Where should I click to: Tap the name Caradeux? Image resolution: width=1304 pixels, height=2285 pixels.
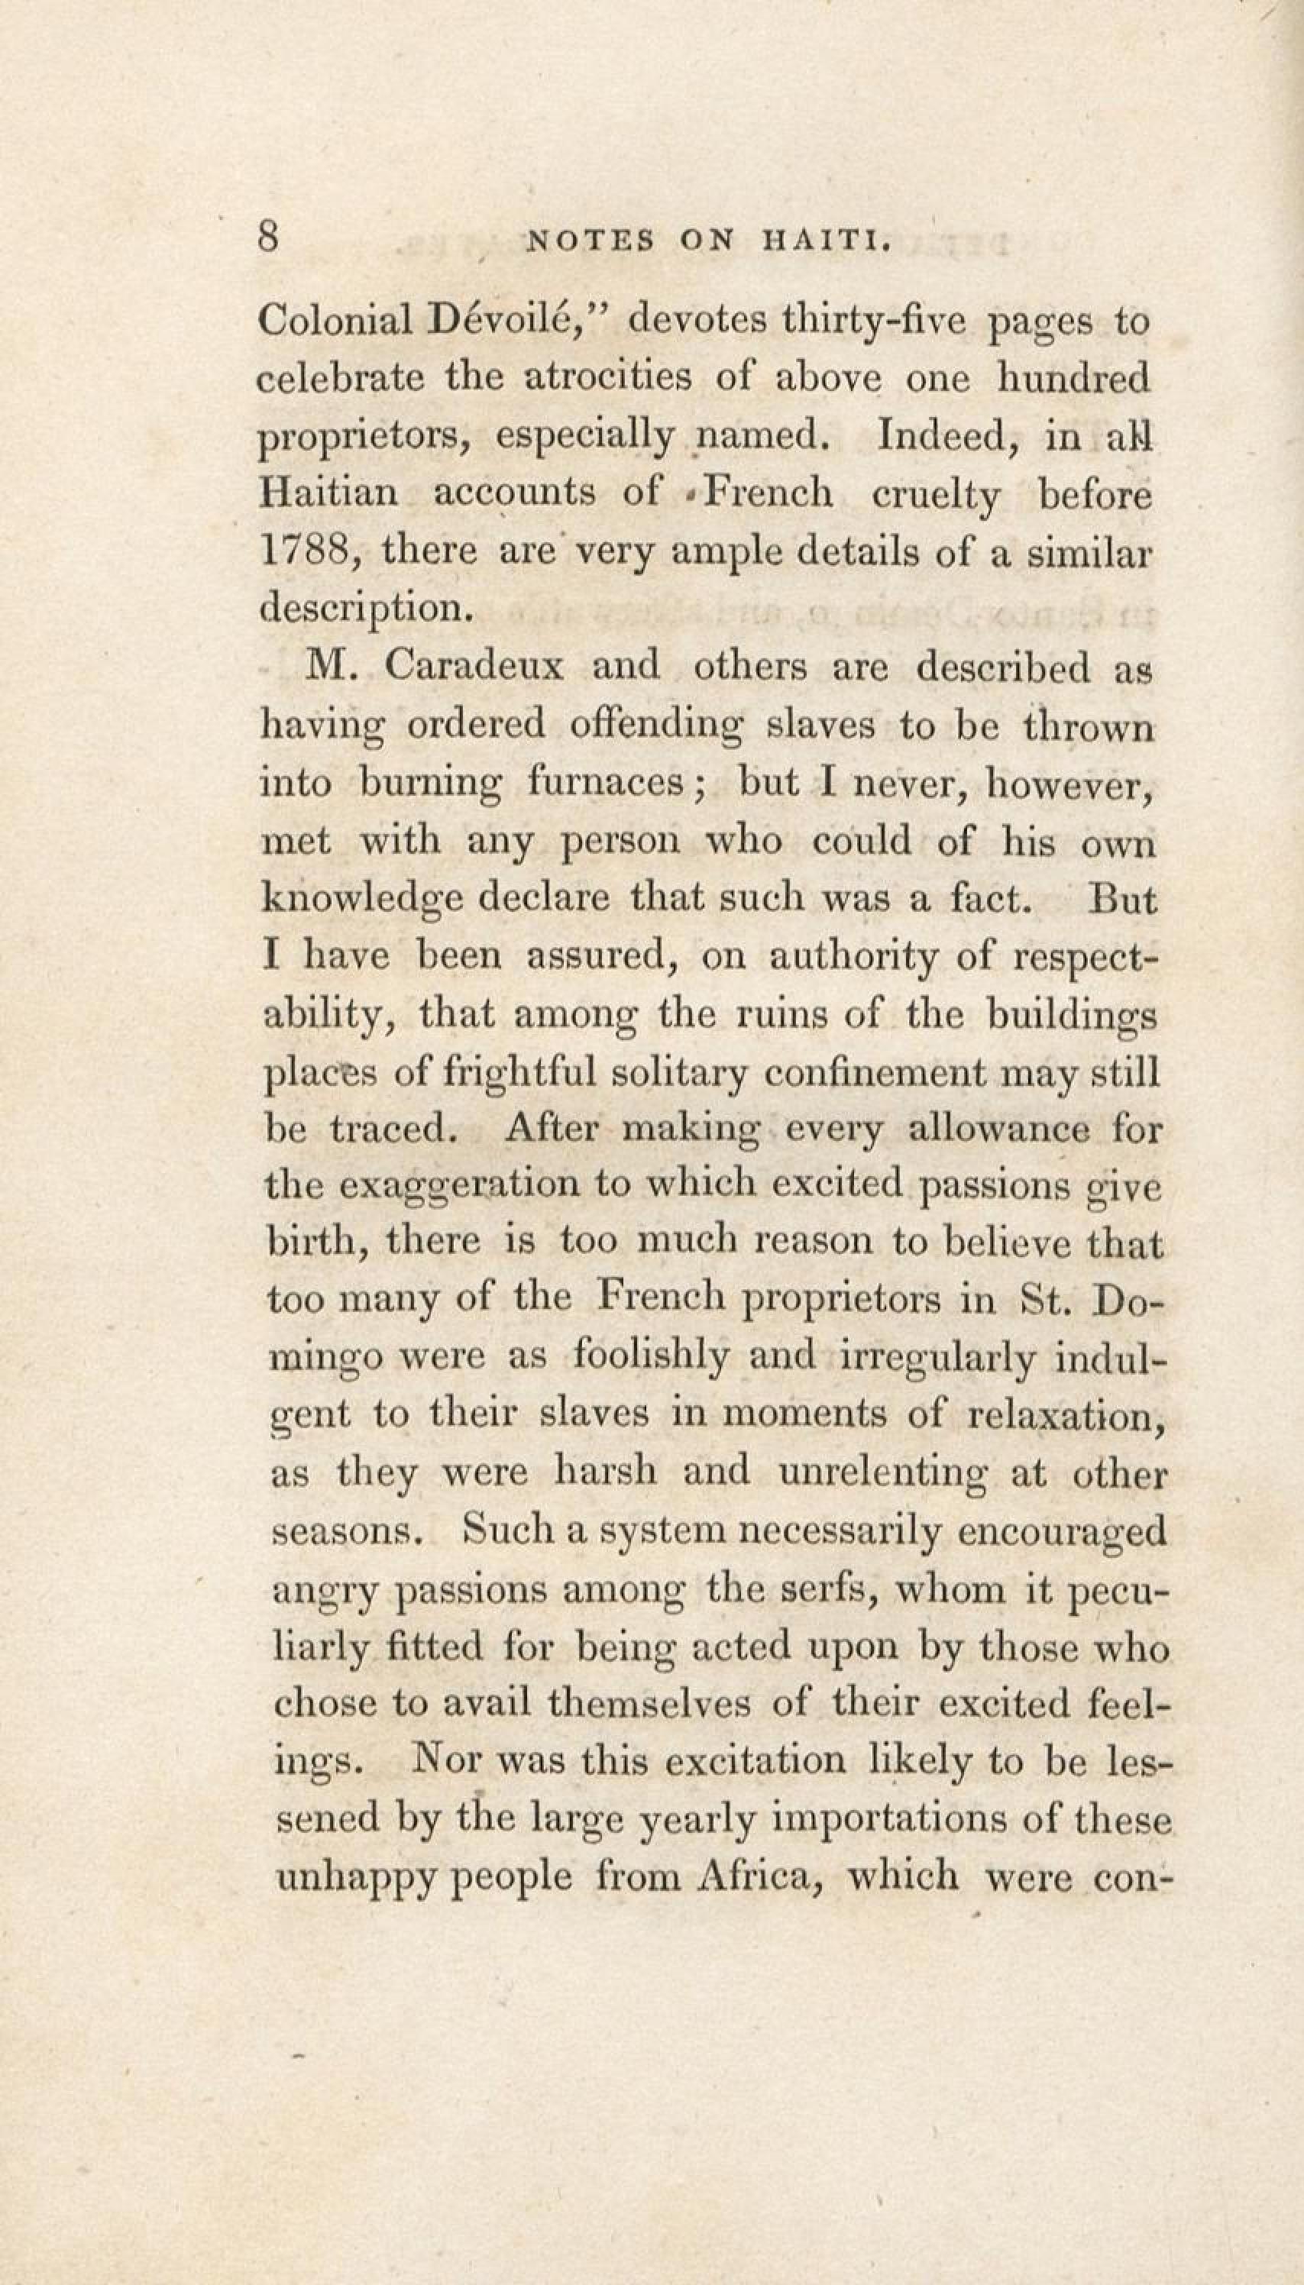[474, 667]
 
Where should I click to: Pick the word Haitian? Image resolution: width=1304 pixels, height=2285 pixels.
[328, 493]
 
